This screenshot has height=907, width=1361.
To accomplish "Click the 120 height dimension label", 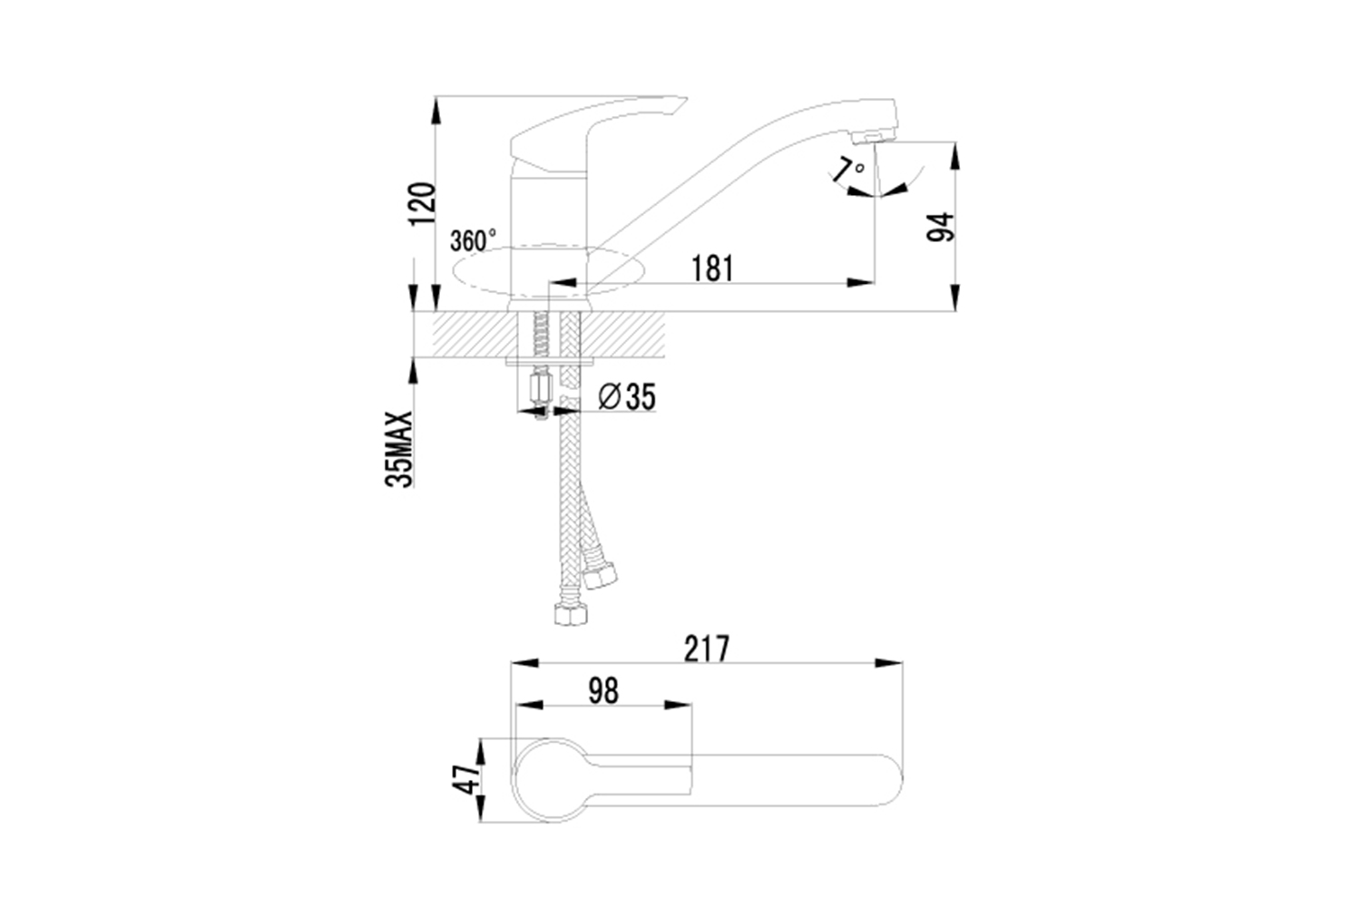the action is (x=422, y=203).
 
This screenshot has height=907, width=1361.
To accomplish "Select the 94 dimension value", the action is (x=941, y=228).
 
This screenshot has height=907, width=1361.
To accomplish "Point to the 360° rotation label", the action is (x=473, y=240).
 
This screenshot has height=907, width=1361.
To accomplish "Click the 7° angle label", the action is (x=847, y=170).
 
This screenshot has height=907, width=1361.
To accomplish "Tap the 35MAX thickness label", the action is (x=398, y=449).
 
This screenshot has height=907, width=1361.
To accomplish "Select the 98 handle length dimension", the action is (x=603, y=691).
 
